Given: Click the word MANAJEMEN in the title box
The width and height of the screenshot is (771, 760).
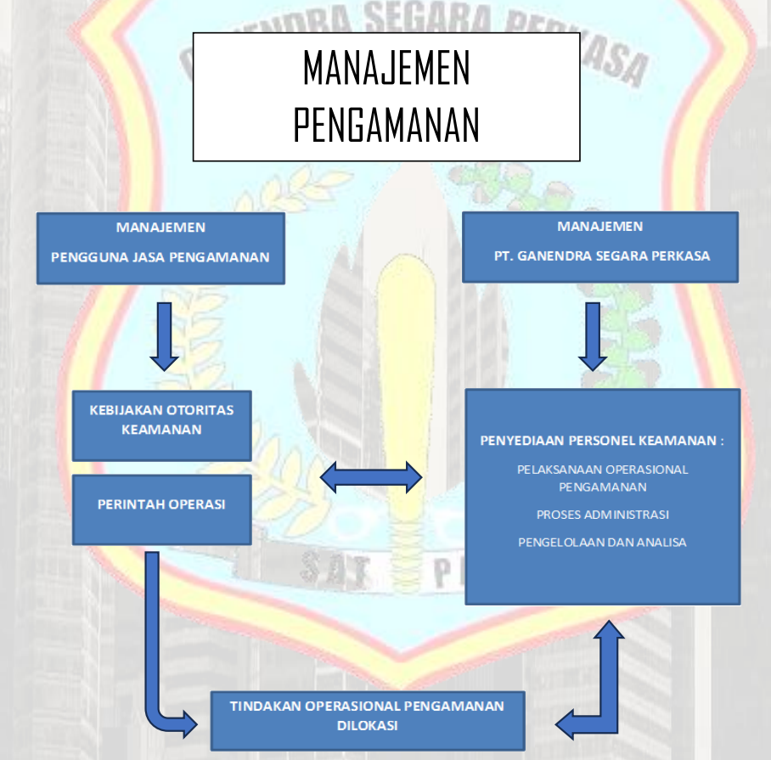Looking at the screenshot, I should click(x=386, y=70).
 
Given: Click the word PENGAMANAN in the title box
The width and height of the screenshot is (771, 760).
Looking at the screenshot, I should click(x=386, y=125).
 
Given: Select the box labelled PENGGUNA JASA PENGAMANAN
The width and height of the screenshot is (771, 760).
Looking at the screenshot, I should click(x=160, y=248).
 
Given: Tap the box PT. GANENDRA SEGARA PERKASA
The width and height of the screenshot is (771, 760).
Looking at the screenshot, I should click(x=600, y=247).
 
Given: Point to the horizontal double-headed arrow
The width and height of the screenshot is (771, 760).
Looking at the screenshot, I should click(x=371, y=477).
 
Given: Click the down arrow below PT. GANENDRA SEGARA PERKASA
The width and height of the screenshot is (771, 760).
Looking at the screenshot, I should click(x=594, y=336).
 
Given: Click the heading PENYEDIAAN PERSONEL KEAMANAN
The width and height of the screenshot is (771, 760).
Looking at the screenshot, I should click(x=602, y=441).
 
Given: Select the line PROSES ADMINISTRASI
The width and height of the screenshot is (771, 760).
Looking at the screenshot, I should click(x=603, y=515).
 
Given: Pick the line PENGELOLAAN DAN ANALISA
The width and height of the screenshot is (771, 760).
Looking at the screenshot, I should click(x=603, y=542).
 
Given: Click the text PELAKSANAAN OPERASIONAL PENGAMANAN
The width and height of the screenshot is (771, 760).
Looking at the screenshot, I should click(x=603, y=478).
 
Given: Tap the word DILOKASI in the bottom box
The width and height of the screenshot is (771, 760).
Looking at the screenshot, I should click(x=367, y=726).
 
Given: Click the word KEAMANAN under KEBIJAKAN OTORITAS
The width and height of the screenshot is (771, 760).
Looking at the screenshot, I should click(x=161, y=430).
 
